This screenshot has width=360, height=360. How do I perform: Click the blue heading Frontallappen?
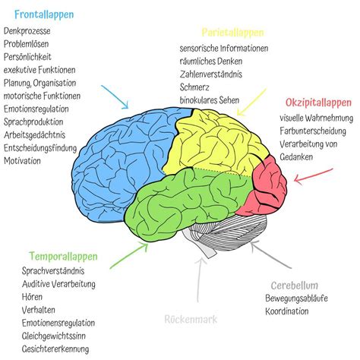click(x=44, y=14)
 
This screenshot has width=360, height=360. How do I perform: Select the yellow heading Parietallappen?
click(x=232, y=33)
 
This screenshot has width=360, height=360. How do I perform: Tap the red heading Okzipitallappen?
click(x=318, y=103)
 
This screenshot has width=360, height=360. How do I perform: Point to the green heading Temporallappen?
click(x=63, y=257)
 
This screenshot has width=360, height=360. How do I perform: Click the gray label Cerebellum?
click(x=295, y=286)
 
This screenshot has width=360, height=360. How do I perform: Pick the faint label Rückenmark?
click(x=191, y=319)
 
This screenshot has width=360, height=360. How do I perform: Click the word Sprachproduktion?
click(x=33, y=122)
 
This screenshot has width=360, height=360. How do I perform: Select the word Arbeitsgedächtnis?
click(x=34, y=135)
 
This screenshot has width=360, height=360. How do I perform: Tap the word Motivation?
click(x=22, y=161)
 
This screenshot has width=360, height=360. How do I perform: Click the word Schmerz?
click(x=194, y=87)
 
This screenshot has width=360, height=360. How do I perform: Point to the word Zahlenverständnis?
click(x=211, y=74)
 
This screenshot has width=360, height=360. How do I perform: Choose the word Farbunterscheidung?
click(x=313, y=131)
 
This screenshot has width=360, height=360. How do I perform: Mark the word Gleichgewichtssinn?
click(x=54, y=336)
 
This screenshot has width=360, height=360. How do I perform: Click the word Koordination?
click(x=287, y=311)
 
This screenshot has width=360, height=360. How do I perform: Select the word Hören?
click(x=32, y=297)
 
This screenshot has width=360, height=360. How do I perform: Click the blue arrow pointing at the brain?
click(x=115, y=97)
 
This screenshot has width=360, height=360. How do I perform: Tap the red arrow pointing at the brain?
click(x=314, y=175)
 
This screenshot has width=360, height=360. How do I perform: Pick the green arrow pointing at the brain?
click(x=129, y=255)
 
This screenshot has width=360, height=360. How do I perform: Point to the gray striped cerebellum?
click(x=228, y=233)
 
